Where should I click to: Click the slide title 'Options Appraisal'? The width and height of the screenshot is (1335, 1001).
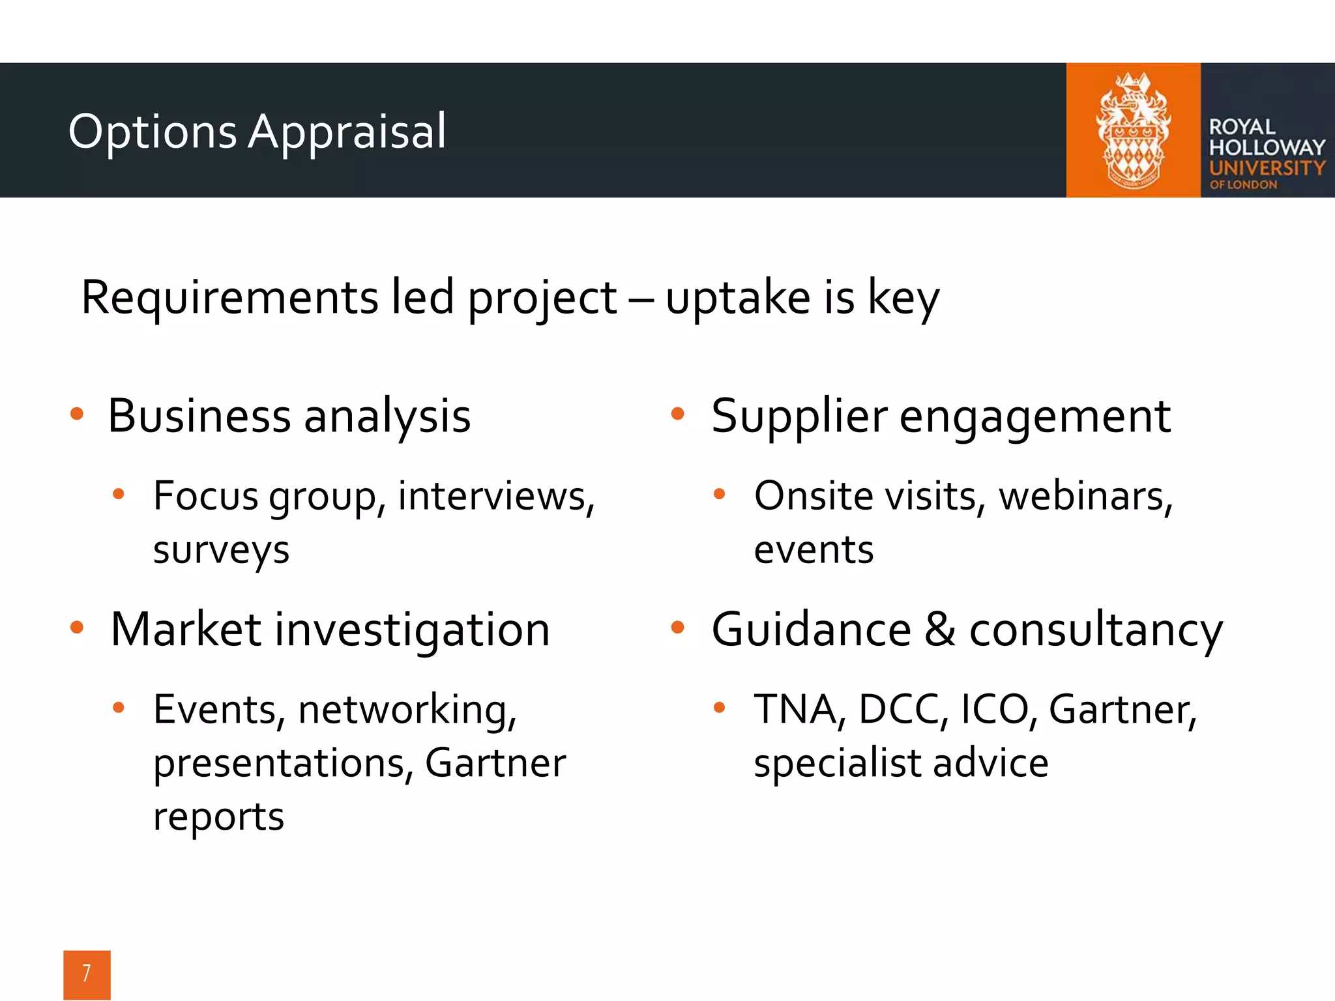pyautogui.click(x=257, y=132)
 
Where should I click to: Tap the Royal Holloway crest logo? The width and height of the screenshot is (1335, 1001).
pyautogui.click(x=1133, y=130)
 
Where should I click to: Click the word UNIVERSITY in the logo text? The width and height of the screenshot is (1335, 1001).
pyautogui.click(x=1267, y=168)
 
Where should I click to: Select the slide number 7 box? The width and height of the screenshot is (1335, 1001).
pyautogui.click(x=87, y=974)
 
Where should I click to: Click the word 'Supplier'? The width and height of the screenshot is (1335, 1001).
pyautogui.click(x=799, y=416)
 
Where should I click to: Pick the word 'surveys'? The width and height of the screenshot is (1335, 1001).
pyautogui.click(x=221, y=551)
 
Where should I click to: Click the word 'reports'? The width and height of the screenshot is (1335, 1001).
pyautogui.click(x=218, y=817)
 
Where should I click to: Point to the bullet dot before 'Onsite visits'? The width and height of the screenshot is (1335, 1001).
pyautogui.click(x=719, y=494)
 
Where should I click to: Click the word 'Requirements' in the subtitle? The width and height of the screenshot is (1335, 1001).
pyautogui.click(x=229, y=298)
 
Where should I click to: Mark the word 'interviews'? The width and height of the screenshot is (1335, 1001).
pyautogui.click(x=495, y=497)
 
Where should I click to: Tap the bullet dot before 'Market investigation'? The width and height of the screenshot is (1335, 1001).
pyautogui.click(x=77, y=628)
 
